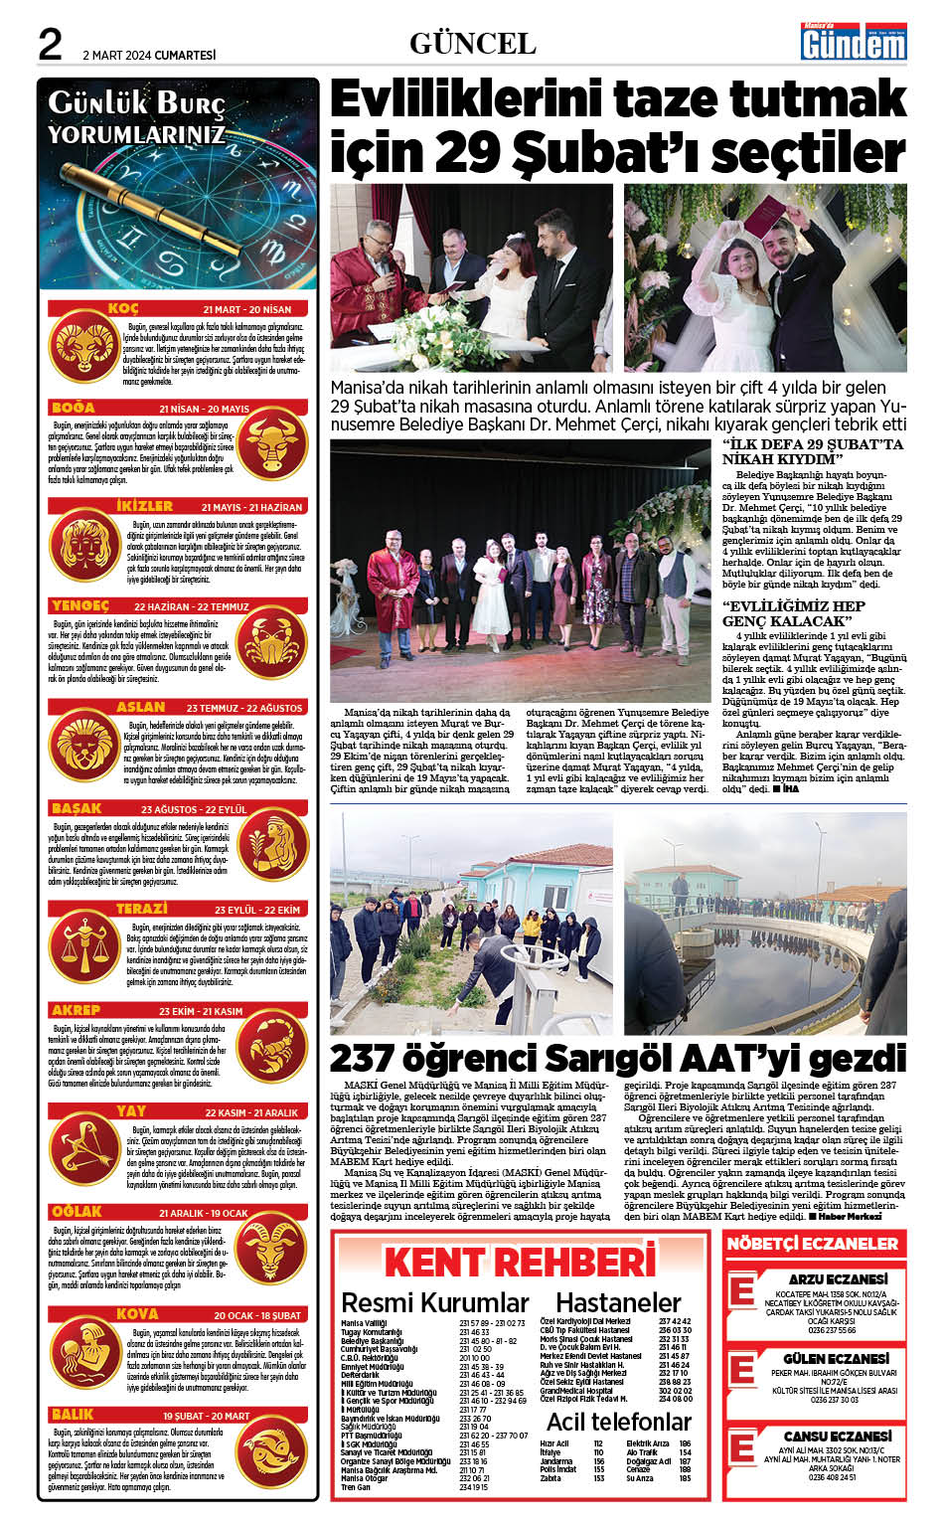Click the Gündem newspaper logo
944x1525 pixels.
(x=854, y=42)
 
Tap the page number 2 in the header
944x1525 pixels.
(x=51, y=45)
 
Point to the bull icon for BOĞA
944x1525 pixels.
(x=273, y=439)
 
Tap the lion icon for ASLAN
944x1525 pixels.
(x=85, y=746)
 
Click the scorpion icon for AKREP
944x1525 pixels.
(x=273, y=1049)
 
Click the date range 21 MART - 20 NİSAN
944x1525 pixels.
(x=247, y=309)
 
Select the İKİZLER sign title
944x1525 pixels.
(x=145, y=506)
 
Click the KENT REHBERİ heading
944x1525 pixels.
(x=520, y=1262)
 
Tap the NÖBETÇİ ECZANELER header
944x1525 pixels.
(x=812, y=1244)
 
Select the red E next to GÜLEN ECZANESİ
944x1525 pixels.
(x=741, y=1370)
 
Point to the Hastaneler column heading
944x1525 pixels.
(x=618, y=1302)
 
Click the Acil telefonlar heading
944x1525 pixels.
(x=618, y=1422)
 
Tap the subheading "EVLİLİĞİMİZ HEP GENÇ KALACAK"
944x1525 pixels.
(x=793, y=613)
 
